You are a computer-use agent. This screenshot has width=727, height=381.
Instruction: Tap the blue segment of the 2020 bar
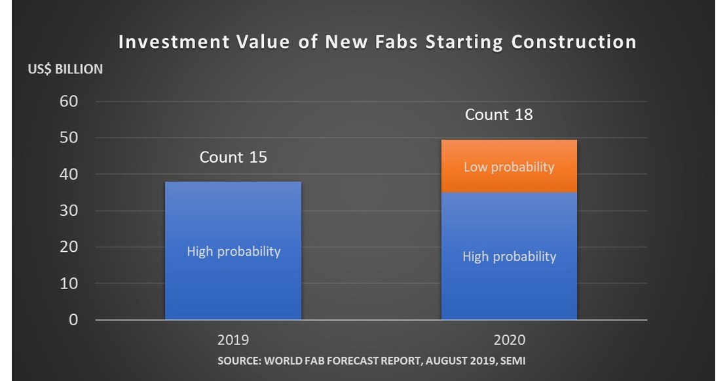click(509, 282)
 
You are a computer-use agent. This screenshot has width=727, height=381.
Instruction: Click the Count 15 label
click(233, 157)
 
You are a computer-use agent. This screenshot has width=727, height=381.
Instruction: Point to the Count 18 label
click(499, 115)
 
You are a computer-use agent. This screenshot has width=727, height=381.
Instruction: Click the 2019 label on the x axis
click(233, 341)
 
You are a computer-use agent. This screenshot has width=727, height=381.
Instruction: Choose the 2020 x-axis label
click(509, 341)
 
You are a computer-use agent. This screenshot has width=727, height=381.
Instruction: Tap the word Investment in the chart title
click(173, 43)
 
